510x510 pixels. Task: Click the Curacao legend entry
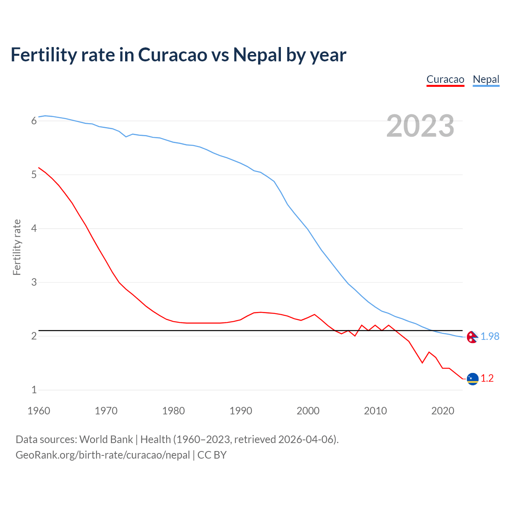pos(445,79)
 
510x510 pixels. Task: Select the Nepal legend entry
pos(486,79)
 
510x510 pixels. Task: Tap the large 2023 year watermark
pos(420,126)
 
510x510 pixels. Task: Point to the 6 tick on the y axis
pos(34,121)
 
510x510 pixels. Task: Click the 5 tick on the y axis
pos(34,175)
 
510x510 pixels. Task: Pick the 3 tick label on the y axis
pos(34,282)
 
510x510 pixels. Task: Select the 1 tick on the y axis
pos(34,390)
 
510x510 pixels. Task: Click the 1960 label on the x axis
pos(39,411)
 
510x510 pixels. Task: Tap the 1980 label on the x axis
pos(173,411)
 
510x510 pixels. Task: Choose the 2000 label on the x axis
pos(308,411)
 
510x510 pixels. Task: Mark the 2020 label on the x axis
pos(443,411)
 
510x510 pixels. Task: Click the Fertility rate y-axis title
pos(17,247)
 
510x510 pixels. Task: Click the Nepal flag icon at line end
pos(472,337)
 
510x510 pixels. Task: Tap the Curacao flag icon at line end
pos(472,379)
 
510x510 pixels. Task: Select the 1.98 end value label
pos(490,337)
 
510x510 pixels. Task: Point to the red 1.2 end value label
pos(487,379)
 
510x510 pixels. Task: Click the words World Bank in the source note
pos(106,439)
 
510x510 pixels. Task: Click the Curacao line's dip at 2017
pos(422,363)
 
